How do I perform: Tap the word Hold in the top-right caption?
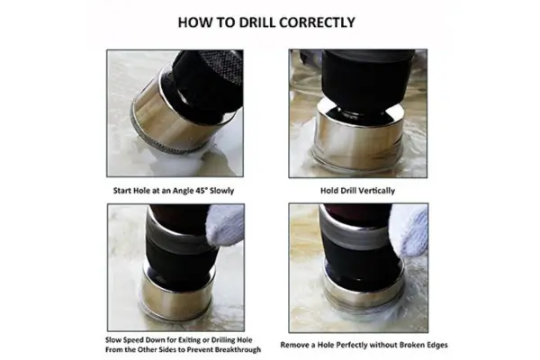pyautogui.click(x=329, y=192)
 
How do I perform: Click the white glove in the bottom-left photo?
pyautogui.click(x=225, y=225)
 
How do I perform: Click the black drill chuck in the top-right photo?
pyautogui.click(x=360, y=76)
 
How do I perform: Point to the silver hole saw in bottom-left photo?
pyautogui.click(x=174, y=292)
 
